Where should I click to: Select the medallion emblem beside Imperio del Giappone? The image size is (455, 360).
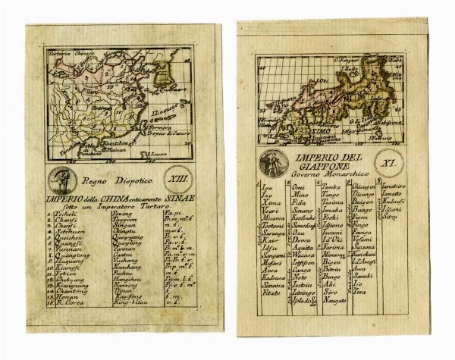pos(269,163)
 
